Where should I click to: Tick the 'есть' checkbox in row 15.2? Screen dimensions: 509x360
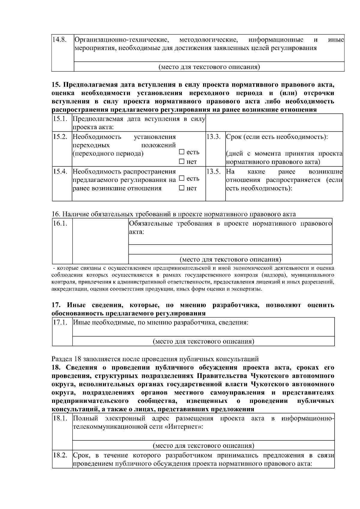181,152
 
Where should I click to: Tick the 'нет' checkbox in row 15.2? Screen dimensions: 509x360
181,162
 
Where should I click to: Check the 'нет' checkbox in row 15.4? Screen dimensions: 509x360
181,188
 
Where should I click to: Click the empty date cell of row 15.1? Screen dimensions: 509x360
274,123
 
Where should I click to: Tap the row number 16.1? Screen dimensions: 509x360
60,224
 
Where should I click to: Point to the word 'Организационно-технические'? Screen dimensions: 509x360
121,40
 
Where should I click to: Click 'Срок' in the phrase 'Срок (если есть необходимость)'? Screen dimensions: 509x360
233,137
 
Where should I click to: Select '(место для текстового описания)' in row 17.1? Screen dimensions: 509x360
203,341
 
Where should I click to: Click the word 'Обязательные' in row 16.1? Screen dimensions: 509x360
151,224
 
